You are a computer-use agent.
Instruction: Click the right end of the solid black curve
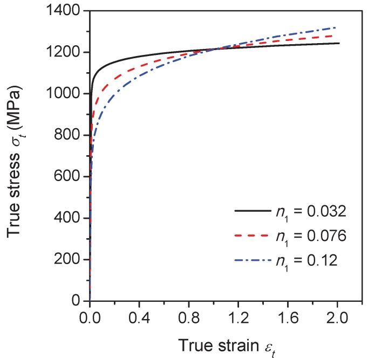(339, 43)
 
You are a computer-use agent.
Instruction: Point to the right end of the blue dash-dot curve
(336, 27)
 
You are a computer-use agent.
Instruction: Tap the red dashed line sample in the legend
(253, 236)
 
